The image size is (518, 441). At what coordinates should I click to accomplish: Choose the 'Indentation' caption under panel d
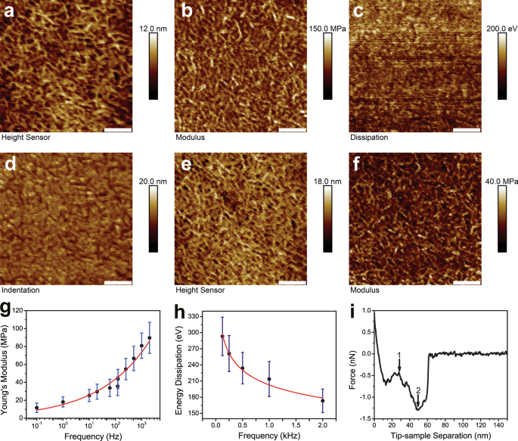(x=20, y=289)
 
